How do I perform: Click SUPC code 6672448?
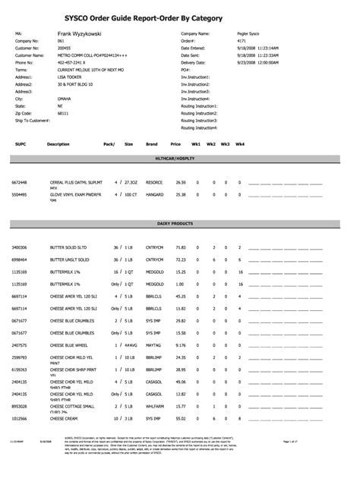pos(20,183)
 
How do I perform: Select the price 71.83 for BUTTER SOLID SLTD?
pos(181,248)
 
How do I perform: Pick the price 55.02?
pos(181,418)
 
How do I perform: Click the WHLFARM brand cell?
pos(155,406)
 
